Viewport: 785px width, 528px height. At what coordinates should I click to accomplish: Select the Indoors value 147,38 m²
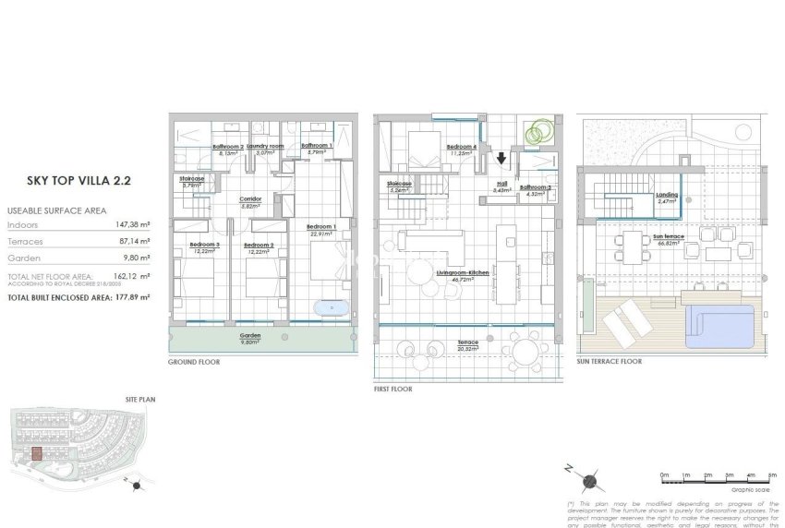tap(121, 224)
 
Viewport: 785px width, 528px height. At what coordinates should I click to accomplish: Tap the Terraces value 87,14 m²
tap(121, 239)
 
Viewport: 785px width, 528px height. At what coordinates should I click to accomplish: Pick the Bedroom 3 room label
tap(203, 245)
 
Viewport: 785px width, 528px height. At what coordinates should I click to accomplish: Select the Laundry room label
tap(265, 146)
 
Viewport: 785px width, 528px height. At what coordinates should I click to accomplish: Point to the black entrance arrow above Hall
tap(501, 158)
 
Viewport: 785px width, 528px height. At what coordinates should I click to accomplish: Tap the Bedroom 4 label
tap(461, 147)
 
